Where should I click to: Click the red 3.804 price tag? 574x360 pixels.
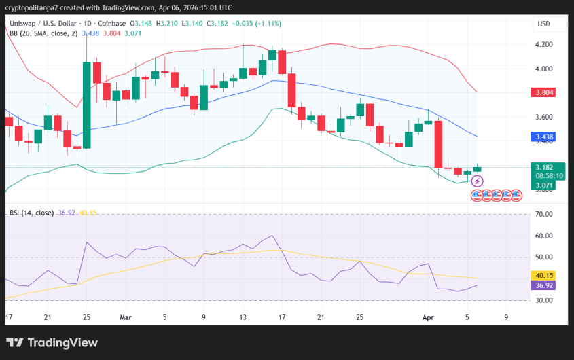(x=543, y=92)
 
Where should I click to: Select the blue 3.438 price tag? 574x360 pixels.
(x=543, y=137)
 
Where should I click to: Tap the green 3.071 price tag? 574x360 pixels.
(x=543, y=185)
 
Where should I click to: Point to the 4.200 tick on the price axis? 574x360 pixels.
(x=543, y=45)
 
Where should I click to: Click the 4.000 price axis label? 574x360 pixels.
(x=543, y=69)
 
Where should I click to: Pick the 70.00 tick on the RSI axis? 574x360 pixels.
(x=543, y=215)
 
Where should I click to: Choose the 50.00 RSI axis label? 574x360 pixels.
(x=543, y=257)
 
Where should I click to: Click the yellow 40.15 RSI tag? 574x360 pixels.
(x=543, y=276)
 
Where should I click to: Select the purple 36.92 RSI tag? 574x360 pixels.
(x=543, y=286)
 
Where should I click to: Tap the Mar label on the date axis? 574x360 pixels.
(x=125, y=317)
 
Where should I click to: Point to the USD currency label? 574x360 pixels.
(x=543, y=24)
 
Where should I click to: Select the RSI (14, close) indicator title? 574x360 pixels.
(x=31, y=213)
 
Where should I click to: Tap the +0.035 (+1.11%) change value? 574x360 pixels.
(x=257, y=24)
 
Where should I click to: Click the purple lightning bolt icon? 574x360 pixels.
(x=478, y=181)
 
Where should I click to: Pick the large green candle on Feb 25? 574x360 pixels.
(x=87, y=105)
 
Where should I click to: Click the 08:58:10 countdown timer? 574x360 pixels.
(x=543, y=175)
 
